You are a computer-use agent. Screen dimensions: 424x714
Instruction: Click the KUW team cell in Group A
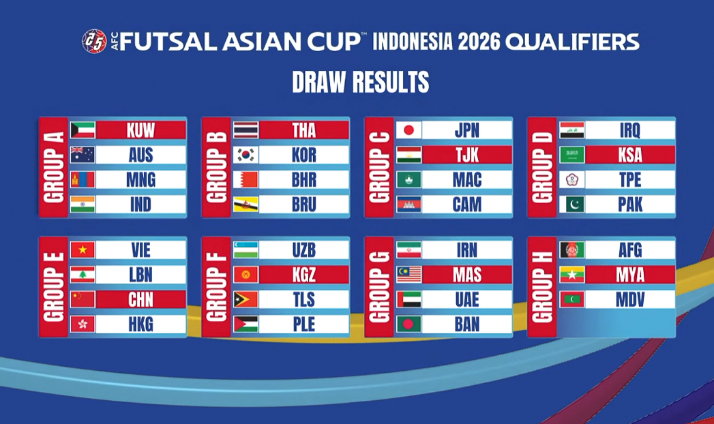coord(140,130)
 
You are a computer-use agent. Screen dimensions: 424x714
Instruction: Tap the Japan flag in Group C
coord(409,130)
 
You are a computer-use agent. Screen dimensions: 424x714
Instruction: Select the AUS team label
coord(140,155)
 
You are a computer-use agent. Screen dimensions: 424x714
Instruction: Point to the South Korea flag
coord(246,155)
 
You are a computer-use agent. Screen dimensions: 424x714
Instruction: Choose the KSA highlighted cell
coord(629,155)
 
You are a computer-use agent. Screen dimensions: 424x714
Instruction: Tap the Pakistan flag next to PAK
coord(571,205)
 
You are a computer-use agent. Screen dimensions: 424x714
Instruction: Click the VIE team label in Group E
coord(140,250)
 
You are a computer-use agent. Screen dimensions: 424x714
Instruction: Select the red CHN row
coord(140,299)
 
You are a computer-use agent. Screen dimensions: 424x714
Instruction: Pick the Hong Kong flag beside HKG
coord(83,324)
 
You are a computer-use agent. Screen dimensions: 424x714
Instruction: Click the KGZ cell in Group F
coord(303,275)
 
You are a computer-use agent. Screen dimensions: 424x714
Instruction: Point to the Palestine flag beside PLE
coord(246,324)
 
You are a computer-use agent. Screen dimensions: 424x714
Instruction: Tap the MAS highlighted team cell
coord(466,275)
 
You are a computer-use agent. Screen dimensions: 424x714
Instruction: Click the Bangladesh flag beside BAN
coord(409,324)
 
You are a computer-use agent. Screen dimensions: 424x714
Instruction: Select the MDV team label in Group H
coord(629,299)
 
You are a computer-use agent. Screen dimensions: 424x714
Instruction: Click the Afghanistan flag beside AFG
coord(571,250)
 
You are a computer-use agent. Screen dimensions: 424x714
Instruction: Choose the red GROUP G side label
coord(378,287)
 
